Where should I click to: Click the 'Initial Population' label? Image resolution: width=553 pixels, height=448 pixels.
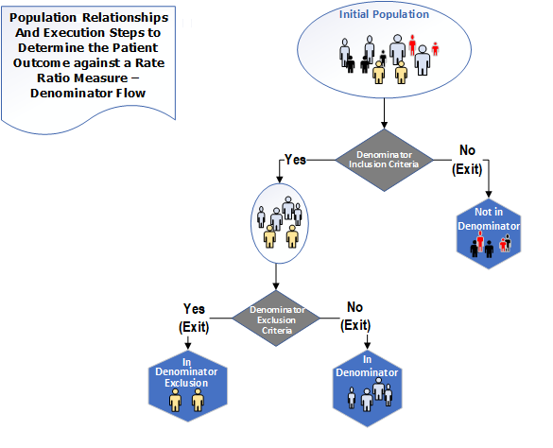[384, 14]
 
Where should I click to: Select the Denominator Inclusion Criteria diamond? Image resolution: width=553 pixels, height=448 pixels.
[384, 160]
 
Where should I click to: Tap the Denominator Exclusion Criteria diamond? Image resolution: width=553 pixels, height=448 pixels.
[276, 319]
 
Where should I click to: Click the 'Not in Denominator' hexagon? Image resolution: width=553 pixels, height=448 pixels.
[489, 234]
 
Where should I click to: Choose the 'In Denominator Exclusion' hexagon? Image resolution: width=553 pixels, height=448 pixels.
[187, 387]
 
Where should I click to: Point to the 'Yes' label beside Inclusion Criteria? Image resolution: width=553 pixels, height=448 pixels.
[295, 160]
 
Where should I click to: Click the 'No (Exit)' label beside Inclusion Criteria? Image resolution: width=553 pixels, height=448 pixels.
[467, 160]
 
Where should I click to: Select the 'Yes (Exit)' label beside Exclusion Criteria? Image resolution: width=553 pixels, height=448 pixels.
[194, 318]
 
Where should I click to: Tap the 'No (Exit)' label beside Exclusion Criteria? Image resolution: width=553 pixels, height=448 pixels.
[355, 316]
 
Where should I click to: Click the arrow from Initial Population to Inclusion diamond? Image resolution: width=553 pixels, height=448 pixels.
[384, 113]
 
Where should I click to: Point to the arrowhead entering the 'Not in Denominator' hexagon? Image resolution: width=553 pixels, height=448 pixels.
[489, 194]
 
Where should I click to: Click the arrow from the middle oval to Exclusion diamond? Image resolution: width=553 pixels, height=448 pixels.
[276, 277]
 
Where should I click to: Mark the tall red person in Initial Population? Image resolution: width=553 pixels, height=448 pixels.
[412, 44]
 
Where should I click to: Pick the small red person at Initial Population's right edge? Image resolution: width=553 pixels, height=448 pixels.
[435, 49]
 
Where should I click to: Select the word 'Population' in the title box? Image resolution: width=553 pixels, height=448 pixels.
[43, 18]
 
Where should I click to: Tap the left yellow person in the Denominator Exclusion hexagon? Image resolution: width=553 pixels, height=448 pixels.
[175, 401]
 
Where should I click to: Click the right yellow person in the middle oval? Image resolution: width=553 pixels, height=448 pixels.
[292, 236]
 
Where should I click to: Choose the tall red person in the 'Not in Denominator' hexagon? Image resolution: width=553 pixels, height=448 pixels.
[480, 241]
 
